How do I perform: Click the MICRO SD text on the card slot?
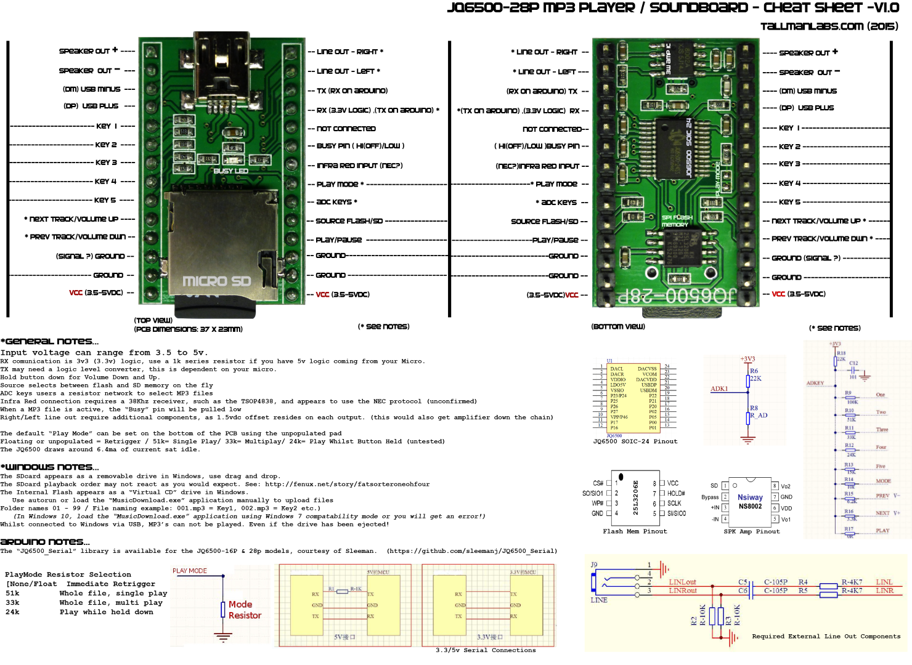[216, 281]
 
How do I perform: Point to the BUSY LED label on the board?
[230, 171]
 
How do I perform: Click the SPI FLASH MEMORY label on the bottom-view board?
[677, 221]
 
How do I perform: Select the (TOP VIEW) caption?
[153, 320]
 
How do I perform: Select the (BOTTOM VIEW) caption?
[618, 326]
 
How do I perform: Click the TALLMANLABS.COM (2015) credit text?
[829, 26]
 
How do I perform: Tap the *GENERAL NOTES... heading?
[49, 341]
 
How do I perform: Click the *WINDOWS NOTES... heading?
[49, 467]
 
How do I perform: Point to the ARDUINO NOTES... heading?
[45, 542]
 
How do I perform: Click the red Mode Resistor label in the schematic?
[245, 610]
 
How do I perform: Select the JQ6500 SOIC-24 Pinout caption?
[635, 441]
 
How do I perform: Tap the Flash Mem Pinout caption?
[635, 531]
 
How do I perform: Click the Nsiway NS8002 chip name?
[750, 502]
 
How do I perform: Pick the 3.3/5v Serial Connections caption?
[486, 650]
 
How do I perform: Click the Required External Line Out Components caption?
[826, 637]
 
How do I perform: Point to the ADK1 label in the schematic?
[719, 389]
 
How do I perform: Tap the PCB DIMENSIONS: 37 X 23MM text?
[188, 329]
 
